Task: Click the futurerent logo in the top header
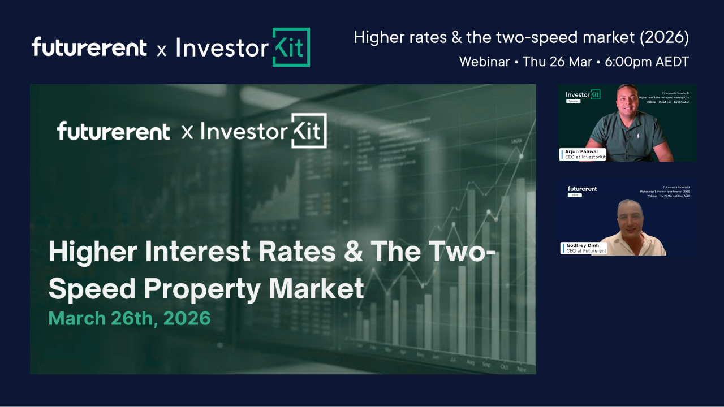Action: pos(89,47)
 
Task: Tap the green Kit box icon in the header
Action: pos(291,47)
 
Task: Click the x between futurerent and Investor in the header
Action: pos(162,51)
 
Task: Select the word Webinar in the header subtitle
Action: pos(484,62)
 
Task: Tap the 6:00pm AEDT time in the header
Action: pos(647,62)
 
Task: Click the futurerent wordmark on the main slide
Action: pos(113,132)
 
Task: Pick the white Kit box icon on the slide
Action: pos(309,131)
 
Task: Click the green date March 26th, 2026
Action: pos(130,318)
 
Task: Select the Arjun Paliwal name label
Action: pos(581,152)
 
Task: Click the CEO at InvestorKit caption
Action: pos(584,157)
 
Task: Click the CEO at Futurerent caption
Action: pos(585,251)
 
